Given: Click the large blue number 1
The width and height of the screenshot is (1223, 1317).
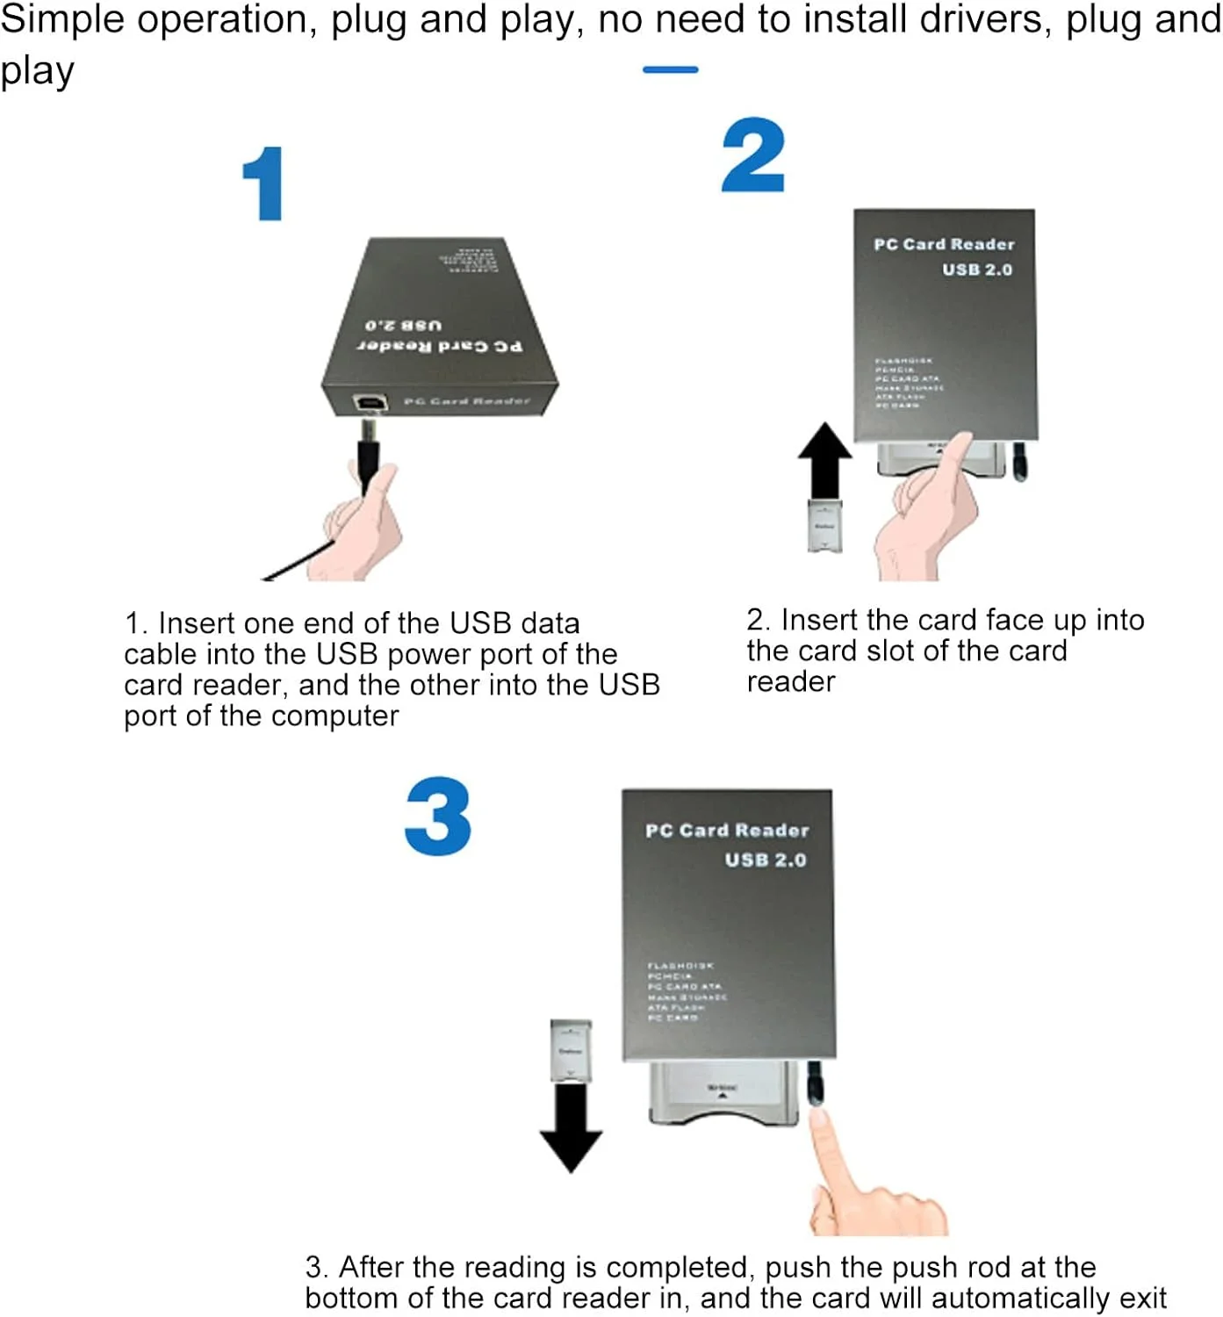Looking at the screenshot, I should click(265, 184).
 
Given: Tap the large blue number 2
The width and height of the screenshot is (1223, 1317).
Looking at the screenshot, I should click(753, 156).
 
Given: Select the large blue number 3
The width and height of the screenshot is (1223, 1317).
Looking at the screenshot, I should click(438, 817).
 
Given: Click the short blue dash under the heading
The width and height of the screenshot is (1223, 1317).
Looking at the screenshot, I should click(670, 69).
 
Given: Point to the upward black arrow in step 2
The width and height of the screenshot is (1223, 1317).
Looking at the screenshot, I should click(824, 462).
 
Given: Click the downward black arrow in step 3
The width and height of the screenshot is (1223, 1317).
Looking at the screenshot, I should click(571, 1128).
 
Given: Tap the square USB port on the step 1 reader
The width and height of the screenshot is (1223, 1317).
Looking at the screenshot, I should click(370, 403).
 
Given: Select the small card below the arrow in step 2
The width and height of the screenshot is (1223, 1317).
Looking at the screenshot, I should click(824, 526).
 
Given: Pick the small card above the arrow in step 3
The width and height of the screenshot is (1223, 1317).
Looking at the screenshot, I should click(571, 1050).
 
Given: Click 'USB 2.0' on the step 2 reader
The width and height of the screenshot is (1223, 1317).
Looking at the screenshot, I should click(977, 270).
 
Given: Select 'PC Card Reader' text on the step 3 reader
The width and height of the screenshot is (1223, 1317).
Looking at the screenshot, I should click(727, 831).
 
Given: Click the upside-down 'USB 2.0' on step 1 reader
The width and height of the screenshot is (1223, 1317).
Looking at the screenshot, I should click(403, 325).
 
